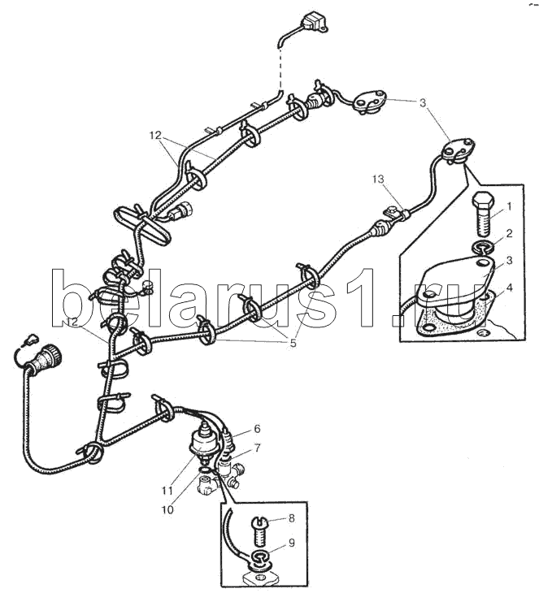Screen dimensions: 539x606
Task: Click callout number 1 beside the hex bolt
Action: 509,207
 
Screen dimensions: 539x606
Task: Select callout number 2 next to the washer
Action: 509,233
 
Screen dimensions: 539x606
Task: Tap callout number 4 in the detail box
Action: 510,288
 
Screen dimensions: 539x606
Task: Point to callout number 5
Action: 293,343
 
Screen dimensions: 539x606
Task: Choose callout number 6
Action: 258,429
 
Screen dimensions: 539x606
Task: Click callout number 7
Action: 257,448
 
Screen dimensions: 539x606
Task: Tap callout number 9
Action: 291,543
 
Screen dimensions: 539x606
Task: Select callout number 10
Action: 167,510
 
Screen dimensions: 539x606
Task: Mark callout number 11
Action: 167,491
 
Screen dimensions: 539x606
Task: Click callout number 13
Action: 378,179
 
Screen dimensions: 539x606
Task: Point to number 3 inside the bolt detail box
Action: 509,261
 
